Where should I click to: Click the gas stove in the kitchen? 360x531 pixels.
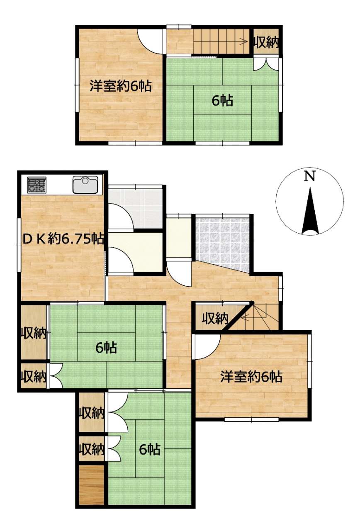tap(37, 185)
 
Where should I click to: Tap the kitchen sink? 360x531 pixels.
tap(85, 185)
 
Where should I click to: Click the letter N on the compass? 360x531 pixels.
tap(309, 177)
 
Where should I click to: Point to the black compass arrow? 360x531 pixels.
tap(310, 210)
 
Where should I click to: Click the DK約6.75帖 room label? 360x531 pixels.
tap(63, 239)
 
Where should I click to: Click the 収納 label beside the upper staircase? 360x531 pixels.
tap(266, 43)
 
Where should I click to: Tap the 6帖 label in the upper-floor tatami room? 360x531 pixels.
tap(222, 100)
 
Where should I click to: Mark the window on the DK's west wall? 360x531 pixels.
tap(18, 245)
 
